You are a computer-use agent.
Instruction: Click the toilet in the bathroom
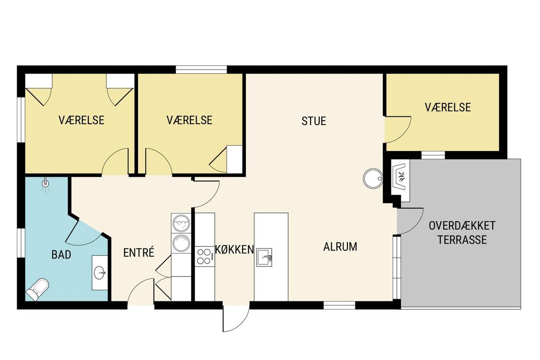38,290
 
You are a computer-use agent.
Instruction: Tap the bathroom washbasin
99,273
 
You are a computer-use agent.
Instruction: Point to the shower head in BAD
45,184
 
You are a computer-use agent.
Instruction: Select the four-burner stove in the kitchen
204,256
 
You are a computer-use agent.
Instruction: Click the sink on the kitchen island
264,257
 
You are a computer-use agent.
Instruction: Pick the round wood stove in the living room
373,178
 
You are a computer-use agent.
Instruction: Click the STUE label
314,121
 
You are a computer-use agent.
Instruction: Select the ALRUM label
340,247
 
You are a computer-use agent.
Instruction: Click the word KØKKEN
234,250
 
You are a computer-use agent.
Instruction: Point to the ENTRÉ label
139,252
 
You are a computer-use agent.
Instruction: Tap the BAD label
61,255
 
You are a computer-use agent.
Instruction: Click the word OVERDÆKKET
462,226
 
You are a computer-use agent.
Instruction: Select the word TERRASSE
462,240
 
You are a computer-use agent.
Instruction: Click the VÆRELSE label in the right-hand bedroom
448,108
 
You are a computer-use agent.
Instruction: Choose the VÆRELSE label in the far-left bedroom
81,120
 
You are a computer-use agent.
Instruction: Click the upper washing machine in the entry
181,223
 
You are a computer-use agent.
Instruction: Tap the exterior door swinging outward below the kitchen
236,318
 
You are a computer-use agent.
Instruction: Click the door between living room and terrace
410,221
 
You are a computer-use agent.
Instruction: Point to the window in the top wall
201,70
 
